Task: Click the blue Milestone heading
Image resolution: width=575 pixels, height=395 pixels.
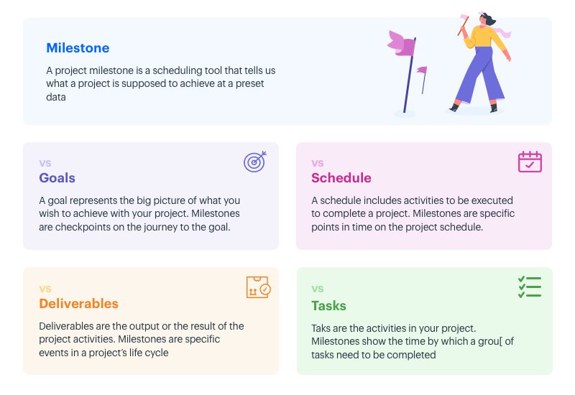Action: (x=78, y=48)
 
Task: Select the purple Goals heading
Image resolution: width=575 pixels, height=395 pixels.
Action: (x=57, y=178)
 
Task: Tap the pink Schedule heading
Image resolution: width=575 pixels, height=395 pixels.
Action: (x=341, y=178)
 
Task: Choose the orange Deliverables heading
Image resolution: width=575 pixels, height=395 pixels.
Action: (x=78, y=303)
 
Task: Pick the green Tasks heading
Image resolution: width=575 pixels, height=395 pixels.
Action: (x=328, y=306)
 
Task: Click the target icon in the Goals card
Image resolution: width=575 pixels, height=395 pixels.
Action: (x=254, y=162)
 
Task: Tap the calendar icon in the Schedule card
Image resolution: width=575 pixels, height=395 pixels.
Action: (x=530, y=162)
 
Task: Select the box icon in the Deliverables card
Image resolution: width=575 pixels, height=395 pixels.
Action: (x=257, y=287)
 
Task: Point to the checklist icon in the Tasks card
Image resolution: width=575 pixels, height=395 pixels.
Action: (x=530, y=287)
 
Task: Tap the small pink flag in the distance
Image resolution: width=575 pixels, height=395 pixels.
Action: (x=422, y=70)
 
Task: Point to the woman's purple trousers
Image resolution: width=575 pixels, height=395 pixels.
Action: (x=479, y=75)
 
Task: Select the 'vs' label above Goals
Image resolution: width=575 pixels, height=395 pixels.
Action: (x=45, y=163)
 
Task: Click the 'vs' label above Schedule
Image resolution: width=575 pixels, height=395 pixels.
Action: (x=317, y=163)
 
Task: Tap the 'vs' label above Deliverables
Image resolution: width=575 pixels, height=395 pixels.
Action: (x=45, y=289)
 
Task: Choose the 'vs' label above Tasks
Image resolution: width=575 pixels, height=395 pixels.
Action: (x=317, y=289)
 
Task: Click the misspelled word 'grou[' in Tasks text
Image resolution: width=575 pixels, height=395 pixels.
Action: (x=489, y=342)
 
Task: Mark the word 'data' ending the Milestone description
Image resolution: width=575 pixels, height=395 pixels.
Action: (x=56, y=97)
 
